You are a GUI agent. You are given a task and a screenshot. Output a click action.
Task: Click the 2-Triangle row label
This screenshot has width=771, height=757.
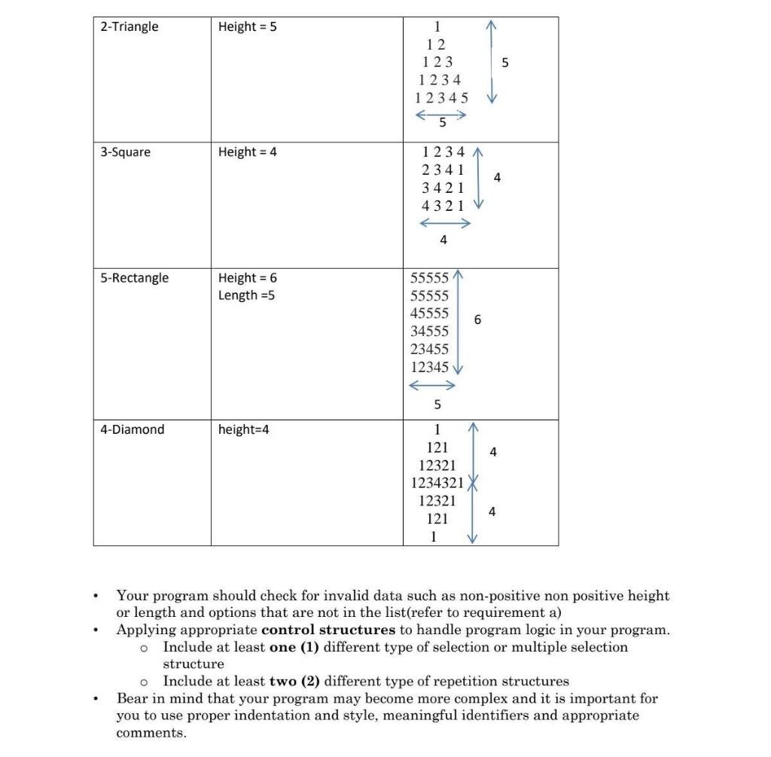(x=130, y=27)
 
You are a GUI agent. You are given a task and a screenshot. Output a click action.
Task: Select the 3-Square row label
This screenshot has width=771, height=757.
(x=126, y=152)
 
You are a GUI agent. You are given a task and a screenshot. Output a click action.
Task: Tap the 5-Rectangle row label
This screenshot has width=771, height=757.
(x=135, y=278)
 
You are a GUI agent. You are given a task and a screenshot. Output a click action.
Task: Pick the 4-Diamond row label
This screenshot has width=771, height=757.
(x=133, y=430)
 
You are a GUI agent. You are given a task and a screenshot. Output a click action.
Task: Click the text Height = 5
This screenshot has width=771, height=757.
(x=248, y=27)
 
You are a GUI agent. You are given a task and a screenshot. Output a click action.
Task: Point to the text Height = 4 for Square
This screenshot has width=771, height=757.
(x=248, y=152)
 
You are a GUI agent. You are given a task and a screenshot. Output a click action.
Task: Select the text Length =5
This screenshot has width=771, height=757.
(x=246, y=295)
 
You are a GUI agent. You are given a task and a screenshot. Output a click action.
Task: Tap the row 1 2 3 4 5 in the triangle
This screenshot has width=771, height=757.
(x=441, y=98)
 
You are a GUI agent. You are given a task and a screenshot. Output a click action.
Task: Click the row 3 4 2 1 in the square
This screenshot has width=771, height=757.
(x=443, y=187)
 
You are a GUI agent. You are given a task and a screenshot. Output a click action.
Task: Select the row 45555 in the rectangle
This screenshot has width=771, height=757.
(x=429, y=313)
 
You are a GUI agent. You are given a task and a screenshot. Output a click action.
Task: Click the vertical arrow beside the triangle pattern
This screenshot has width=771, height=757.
(x=492, y=63)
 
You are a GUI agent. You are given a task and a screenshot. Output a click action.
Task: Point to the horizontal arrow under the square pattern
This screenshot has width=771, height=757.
(x=445, y=223)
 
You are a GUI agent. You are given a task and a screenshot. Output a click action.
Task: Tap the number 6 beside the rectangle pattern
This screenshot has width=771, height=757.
(x=477, y=320)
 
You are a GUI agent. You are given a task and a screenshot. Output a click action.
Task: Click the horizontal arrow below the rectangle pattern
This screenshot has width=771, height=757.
(x=432, y=386)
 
